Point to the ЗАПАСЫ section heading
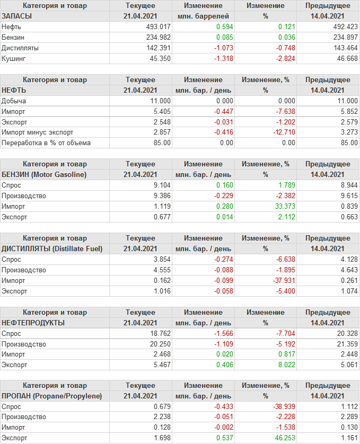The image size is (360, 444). (x=17, y=16)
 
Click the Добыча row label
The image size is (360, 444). (x=14, y=101)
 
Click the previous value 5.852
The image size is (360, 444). (x=333, y=111)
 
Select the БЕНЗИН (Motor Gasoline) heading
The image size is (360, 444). (x=44, y=174)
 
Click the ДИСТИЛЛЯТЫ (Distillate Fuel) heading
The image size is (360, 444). (x=52, y=248)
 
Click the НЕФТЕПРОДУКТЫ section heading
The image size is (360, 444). (x=33, y=322)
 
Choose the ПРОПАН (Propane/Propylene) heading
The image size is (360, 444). (x=52, y=396)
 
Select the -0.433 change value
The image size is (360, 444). (x=222, y=406)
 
